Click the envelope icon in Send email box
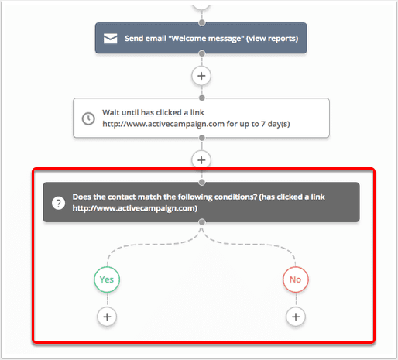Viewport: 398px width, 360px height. point(110,39)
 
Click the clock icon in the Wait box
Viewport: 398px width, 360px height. point(88,118)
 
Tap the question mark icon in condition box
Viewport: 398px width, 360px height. point(58,203)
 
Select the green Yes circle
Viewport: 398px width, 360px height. point(107,279)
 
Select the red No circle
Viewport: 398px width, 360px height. point(296,279)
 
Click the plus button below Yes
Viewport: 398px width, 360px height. point(107,317)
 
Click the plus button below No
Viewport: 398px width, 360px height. point(296,317)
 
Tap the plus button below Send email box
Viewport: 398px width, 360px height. point(201,76)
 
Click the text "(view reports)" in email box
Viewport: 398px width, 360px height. point(272,39)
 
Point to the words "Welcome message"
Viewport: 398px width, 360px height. point(206,39)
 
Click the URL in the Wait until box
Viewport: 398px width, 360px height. point(163,124)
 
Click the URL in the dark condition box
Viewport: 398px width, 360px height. point(135,208)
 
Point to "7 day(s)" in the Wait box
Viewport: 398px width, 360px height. point(276,124)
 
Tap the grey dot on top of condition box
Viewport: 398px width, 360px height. point(202,183)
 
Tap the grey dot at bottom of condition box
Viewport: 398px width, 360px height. point(202,222)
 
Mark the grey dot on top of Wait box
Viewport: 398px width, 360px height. point(202,98)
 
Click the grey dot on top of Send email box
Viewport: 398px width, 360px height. point(202,22)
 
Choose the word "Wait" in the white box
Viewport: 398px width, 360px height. point(111,112)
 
